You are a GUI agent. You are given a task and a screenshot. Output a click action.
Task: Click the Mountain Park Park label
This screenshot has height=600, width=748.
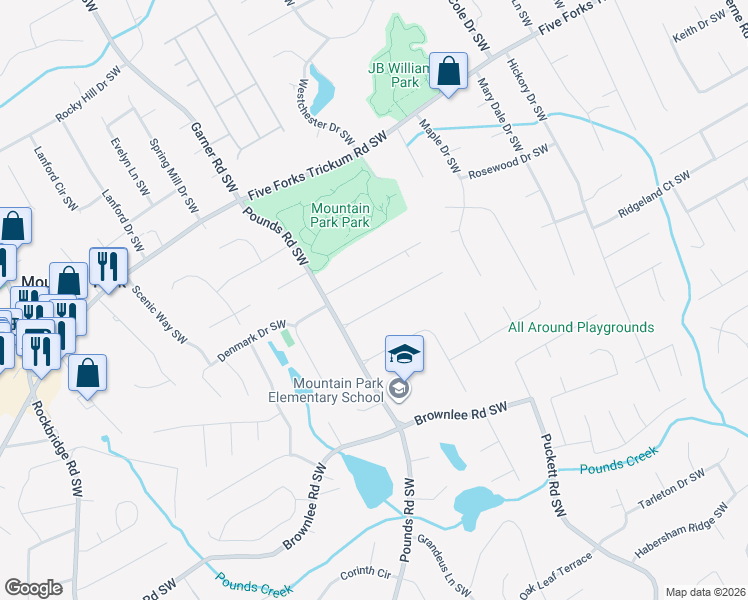click(341, 215)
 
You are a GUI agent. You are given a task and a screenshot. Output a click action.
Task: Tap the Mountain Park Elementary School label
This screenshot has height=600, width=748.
click(338, 390)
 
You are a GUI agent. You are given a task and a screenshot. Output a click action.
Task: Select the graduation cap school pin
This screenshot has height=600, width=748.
click(405, 356)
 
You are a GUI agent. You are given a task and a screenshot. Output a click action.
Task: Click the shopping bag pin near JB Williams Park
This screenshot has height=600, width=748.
click(449, 72)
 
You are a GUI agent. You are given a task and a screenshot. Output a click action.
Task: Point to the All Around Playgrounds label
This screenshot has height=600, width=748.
click(581, 327)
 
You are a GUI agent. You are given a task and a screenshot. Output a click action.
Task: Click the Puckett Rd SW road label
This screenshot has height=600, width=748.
click(552, 475)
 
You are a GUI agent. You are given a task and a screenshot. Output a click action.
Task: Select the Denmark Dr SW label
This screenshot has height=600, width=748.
click(251, 341)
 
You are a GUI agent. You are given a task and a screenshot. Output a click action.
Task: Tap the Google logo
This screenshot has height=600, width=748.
click(33, 588)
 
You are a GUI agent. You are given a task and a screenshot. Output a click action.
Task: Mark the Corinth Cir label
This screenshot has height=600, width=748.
click(364, 573)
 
